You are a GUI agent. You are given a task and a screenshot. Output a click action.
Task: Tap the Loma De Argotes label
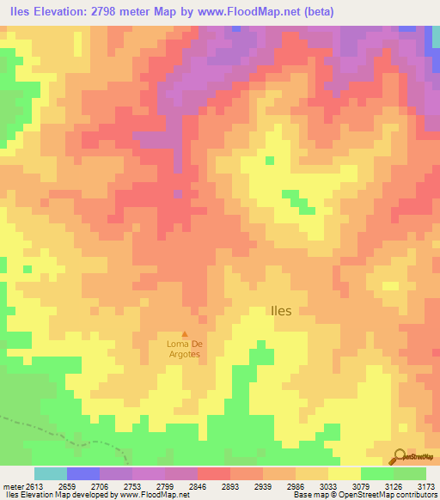tap(183, 349)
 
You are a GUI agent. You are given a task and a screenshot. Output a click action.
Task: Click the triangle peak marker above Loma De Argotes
tap(183, 334)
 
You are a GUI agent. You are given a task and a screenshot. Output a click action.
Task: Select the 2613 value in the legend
tap(23, 486)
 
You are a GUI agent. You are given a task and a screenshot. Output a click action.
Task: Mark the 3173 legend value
tap(426, 486)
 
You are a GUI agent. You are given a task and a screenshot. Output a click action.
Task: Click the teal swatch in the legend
tap(50, 473)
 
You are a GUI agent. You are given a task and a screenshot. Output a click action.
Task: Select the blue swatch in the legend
tap(82, 473)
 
